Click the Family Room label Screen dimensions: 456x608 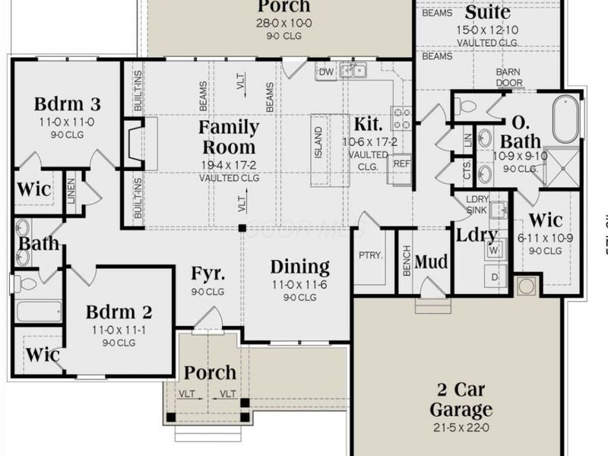[x=228, y=137]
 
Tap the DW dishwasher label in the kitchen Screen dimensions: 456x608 [x=326, y=72]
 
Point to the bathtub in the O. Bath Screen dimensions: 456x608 [x=565, y=119]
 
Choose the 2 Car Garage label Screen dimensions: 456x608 [x=461, y=400]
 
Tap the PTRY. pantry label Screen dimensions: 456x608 [x=369, y=256]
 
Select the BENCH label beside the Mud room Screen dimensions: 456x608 [x=406, y=262]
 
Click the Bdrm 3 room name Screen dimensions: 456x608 [x=68, y=104]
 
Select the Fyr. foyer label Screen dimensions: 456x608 [x=207, y=273]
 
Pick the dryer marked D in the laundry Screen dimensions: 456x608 [x=494, y=277]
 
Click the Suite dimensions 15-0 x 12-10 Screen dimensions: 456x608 [x=487, y=30]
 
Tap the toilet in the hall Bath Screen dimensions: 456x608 [x=26, y=284]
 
